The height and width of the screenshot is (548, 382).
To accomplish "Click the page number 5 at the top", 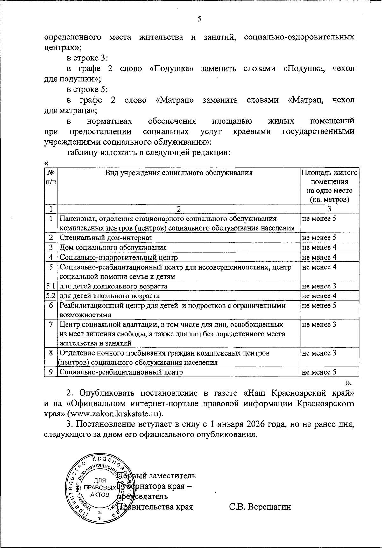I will (x=199, y=19).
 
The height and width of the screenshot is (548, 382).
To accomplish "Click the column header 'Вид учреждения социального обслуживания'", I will (x=179, y=173).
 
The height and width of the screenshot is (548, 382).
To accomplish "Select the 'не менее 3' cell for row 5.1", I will (x=319, y=286).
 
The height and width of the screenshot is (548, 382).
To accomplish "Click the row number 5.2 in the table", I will (x=51, y=295).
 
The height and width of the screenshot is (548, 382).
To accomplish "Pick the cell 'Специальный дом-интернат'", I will (x=106, y=238).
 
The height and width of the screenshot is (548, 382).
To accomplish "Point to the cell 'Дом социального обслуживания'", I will (x=113, y=247).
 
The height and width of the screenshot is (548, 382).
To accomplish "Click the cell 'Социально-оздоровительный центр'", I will (x=118, y=257).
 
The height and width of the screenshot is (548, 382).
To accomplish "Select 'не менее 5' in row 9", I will (x=319, y=372).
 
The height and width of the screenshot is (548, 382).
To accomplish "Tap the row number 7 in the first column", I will (x=51, y=324).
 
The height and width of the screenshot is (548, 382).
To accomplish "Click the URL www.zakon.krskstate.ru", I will (x=114, y=414).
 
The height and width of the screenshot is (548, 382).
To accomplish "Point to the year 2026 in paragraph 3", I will (x=257, y=424).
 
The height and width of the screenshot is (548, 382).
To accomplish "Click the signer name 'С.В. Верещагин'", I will (x=260, y=507).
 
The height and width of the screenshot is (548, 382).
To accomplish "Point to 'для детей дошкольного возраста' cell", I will (x=113, y=286).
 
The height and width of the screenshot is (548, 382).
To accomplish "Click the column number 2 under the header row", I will (x=179, y=209).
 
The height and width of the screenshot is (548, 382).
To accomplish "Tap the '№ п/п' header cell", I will (x=51, y=177).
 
